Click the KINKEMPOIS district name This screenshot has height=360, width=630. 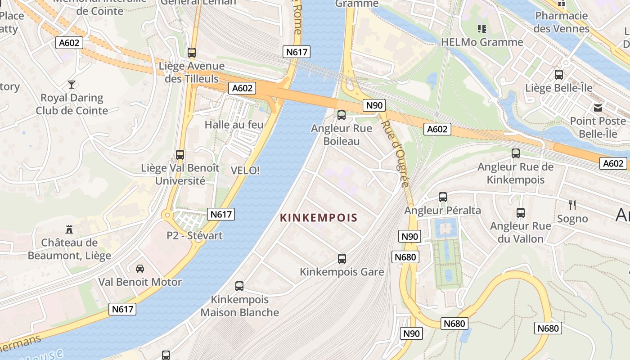tap(319, 218)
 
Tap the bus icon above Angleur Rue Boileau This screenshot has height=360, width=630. tap(342, 115)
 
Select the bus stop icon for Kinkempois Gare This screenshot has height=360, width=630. tap(342, 259)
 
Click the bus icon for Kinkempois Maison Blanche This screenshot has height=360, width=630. tap(239, 286)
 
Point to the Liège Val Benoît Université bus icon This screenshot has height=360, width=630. tap(180, 155)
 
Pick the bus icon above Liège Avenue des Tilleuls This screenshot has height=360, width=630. tap(192, 53)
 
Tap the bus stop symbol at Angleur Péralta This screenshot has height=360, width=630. tap(443, 197)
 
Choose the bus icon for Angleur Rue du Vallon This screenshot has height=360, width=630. tap(521, 213)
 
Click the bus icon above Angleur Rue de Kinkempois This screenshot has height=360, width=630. tap(516, 153)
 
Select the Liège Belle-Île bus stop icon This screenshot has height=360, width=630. tap(559, 75)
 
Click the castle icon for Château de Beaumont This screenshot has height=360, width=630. tap(69, 229)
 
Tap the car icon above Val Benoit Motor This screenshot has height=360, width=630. tap(140, 269)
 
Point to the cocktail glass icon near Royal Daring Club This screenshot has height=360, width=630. tap(72, 85)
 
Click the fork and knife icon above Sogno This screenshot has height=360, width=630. tap(572, 205)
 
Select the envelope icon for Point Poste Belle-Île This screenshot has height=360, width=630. tap(598, 108)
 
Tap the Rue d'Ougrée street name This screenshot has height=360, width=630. tap(396, 153)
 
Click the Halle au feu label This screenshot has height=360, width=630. tap(234, 125)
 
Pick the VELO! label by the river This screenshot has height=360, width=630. tap(245, 171)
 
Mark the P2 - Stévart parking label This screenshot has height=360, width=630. tap(194, 235)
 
